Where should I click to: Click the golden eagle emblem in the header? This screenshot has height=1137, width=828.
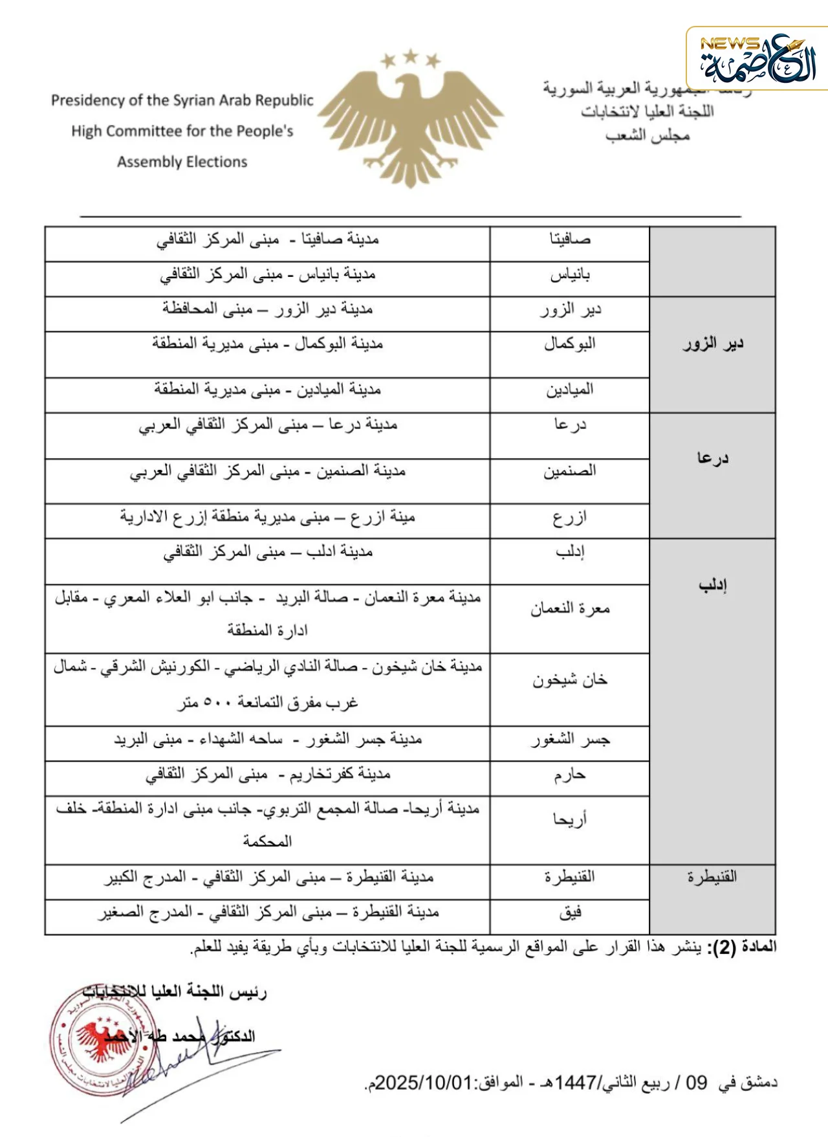click(x=411, y=120)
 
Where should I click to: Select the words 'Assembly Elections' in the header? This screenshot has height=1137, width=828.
click(x=182, y=162)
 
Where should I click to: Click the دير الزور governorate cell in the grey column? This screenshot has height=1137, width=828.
click(x=713, y=344)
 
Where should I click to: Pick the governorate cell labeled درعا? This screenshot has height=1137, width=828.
click(x=713, y=458)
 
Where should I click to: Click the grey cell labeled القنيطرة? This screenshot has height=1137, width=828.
click(x=712, y=877)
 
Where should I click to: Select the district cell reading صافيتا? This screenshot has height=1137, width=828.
click(x=570, y=239)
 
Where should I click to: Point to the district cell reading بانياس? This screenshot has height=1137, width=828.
click(x=570, y=276)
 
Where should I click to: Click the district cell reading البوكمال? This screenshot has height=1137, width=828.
click(x=570, y=344)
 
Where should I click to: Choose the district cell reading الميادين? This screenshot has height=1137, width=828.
click(x=570, y=390)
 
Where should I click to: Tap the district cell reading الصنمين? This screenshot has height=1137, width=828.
click(x=570, y=471)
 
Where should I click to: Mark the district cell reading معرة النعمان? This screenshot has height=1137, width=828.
click(x=570, y=609)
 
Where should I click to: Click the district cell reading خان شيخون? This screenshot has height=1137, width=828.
click(x=570, y=680)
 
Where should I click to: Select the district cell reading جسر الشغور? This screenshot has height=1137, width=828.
click(x=570, y=740)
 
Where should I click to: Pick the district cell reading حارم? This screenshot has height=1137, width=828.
click(x=570, y=775)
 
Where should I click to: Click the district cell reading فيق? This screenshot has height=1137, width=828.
click(x=570, y=912)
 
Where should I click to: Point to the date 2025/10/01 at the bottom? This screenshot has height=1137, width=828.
click(x=424, y=1083)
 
